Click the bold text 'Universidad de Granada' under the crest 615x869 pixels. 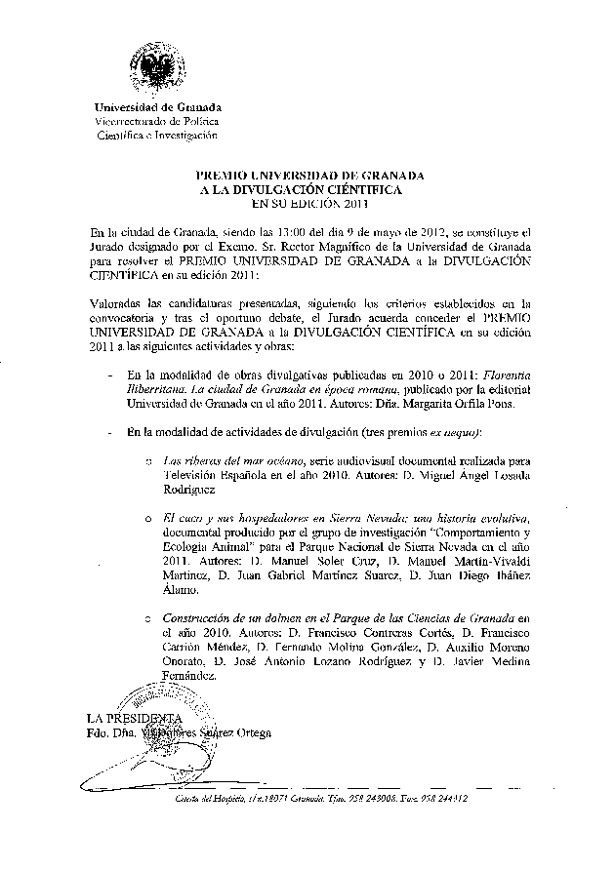click(157, 106)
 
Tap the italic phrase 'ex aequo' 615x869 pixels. click(459, 431)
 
